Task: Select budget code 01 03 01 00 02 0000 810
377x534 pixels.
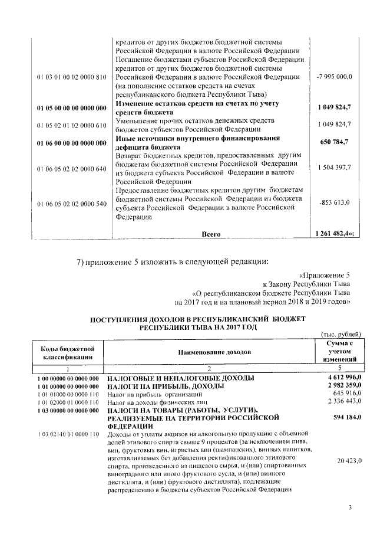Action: click(71, 77)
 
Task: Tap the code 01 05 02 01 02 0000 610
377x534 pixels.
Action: click(71, 125)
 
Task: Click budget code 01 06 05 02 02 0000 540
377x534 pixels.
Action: click(71, 203)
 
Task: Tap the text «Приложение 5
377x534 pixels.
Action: click(325, 274)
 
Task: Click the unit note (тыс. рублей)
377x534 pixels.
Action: click(342, 335)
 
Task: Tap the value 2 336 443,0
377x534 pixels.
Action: click(344, 401)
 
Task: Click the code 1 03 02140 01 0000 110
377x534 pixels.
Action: click(67, 435)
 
